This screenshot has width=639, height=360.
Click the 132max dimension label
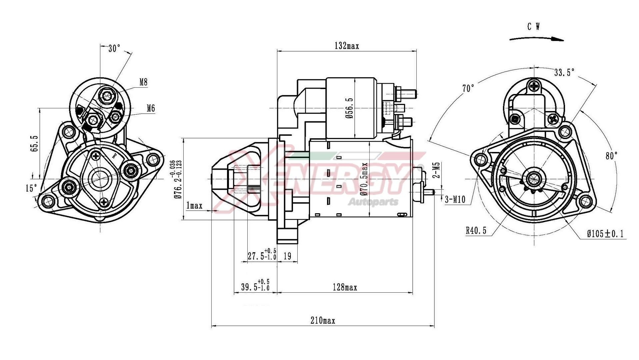(347, 46)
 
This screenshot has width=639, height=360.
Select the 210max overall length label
(323, 321)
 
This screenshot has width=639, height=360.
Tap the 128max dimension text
(345, 287)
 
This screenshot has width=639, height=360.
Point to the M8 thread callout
(143, 82)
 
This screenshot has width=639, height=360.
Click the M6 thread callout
(151, 108)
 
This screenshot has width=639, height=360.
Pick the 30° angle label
(114, 49)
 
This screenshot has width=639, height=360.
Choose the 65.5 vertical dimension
(34, 144)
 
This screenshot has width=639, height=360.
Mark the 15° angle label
(31, 188)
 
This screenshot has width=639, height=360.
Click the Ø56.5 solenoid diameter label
(349, 108)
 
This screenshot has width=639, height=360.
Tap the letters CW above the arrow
(534, 27)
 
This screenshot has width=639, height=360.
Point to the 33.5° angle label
(564, 72)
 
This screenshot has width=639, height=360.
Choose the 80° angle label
(612, 155)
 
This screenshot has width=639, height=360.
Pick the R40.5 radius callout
(476, 230)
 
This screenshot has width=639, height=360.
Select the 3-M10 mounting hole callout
(455, 199)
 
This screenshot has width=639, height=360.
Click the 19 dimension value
(287, 256)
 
